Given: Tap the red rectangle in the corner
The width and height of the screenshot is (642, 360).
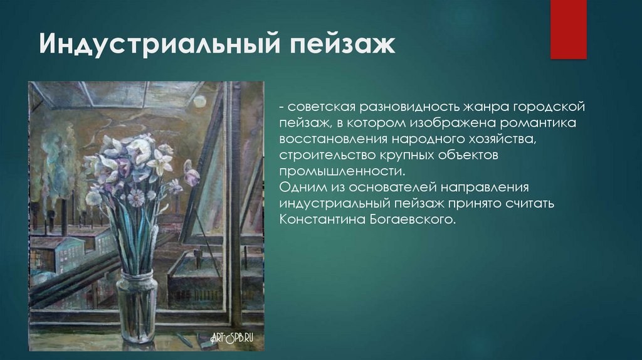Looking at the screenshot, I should click(x=568, y=29).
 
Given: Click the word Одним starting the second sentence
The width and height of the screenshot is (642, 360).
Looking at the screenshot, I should click(x=301, y=187).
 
